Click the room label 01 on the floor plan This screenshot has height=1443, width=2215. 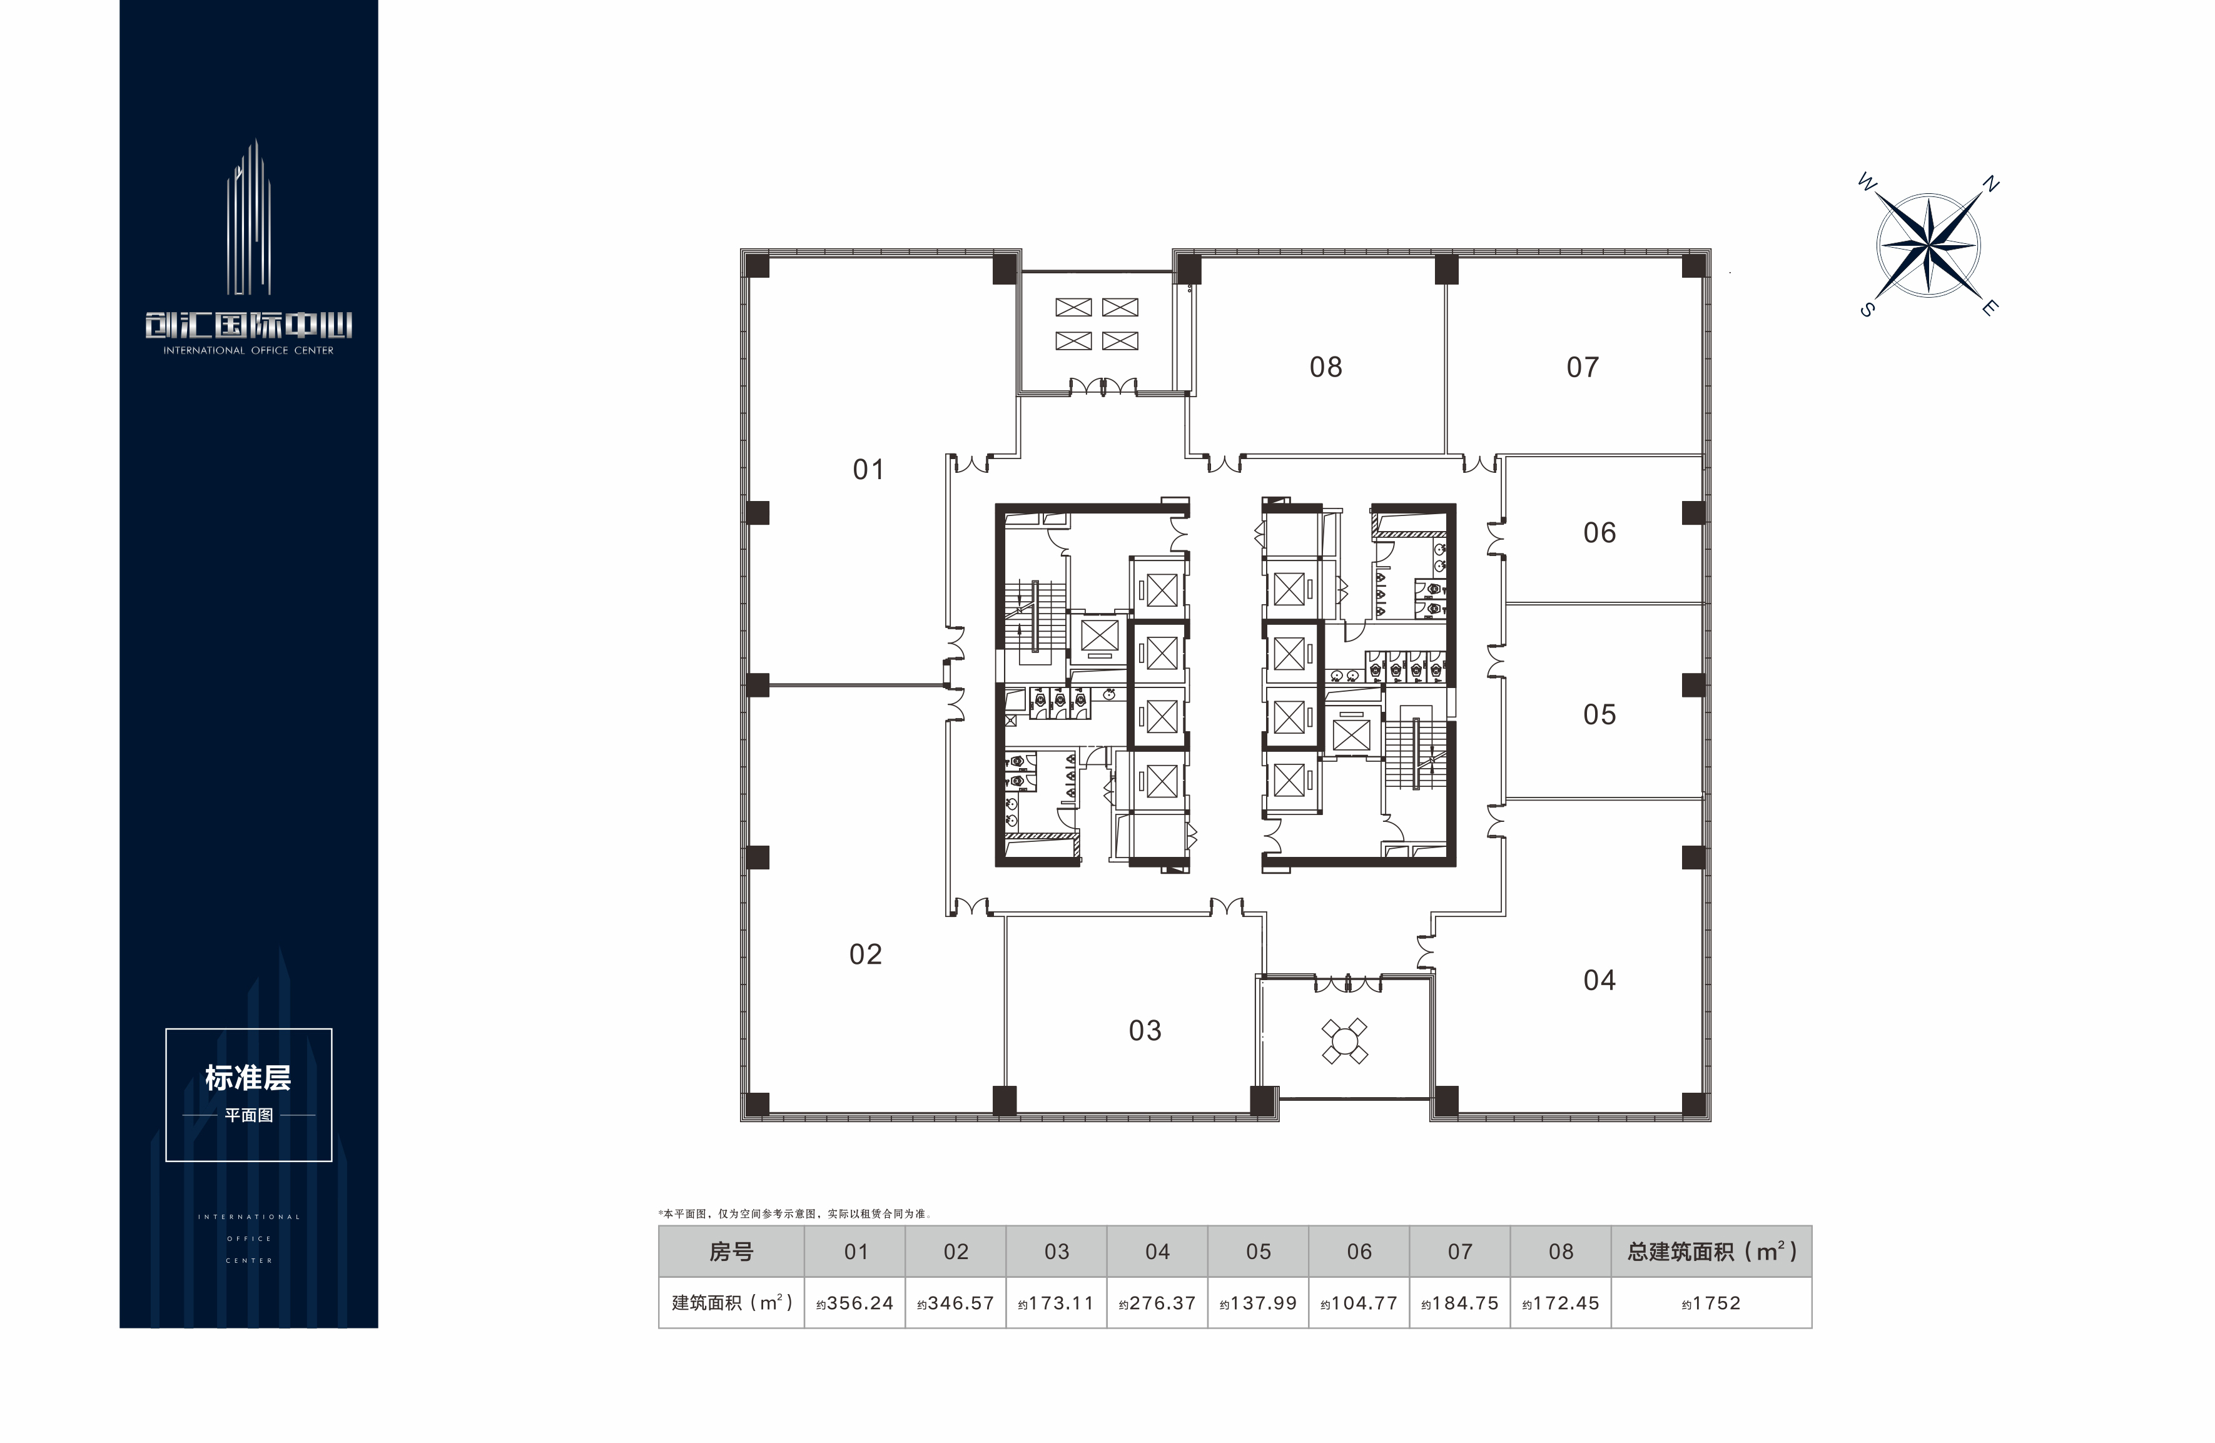tap(868, 470)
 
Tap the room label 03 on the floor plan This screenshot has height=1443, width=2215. tap(1145, 1031)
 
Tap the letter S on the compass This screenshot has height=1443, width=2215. tap(1867, 310)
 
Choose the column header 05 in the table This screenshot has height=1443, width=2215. tap(1259, 1252)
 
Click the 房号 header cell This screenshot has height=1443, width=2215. tap(731, 1252)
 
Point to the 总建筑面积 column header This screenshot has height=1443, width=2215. tap(1711, 1252)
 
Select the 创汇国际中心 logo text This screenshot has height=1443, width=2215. tap(248, 325)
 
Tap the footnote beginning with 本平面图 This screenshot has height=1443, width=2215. tap(795, 1214)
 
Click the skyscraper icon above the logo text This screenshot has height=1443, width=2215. tap(248, 217)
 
